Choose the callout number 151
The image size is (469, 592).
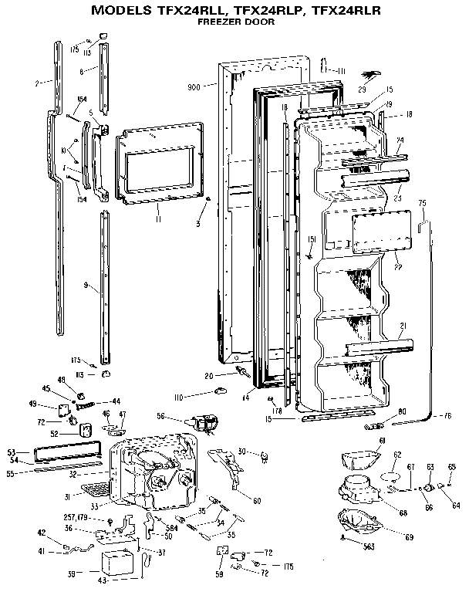pyautogui.click(x=312, y=238)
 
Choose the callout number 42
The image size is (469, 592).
pyautogui.click(x=42, y=533)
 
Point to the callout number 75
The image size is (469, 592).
pyautogui.click(x=421, y=202)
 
